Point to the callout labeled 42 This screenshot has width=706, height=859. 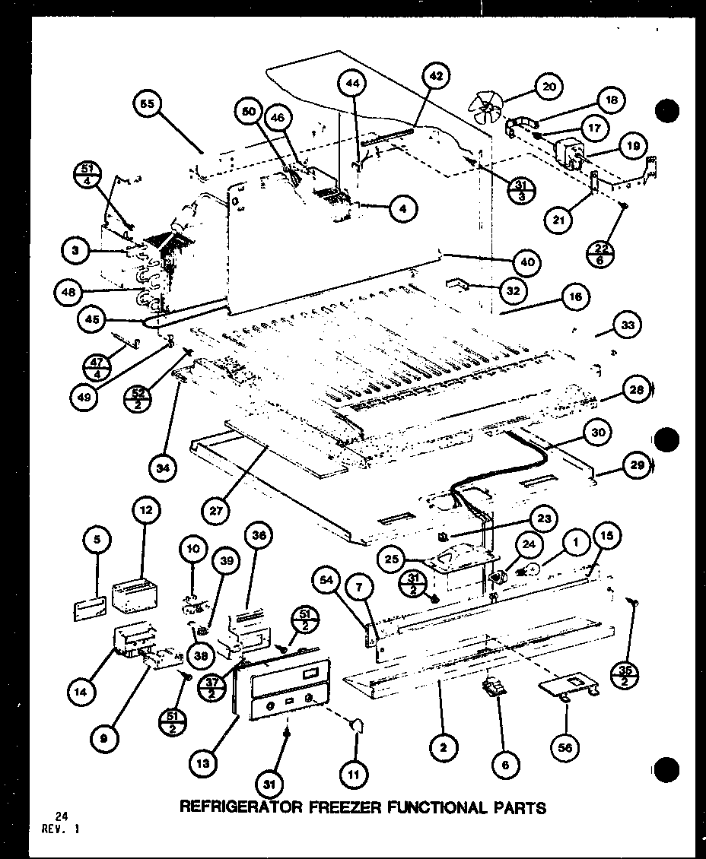coord(436,76)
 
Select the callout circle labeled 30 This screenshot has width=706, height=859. coord(599,433)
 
